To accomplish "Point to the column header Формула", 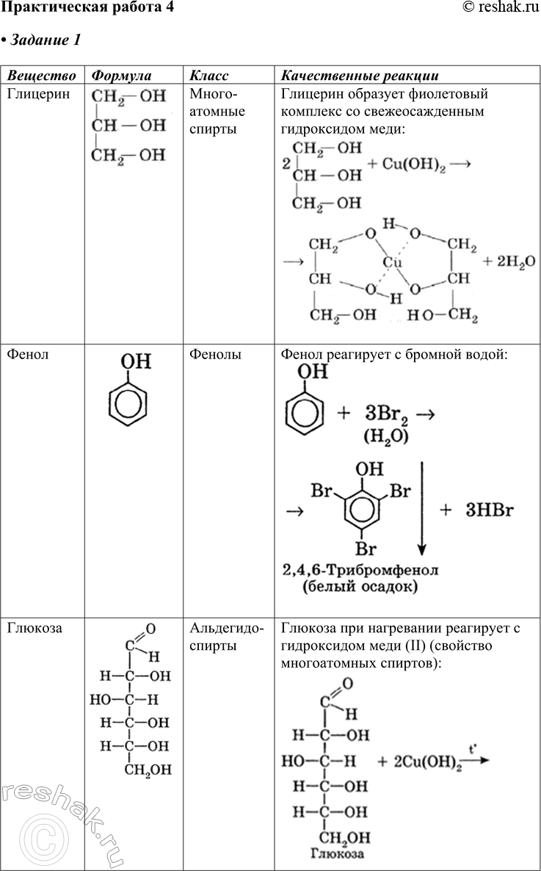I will click(x=120, y=76).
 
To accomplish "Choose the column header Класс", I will click(x=209, y=76).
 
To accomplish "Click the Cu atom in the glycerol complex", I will click(x=391, y=262).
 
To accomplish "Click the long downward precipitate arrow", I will click(x=422, y=507).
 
